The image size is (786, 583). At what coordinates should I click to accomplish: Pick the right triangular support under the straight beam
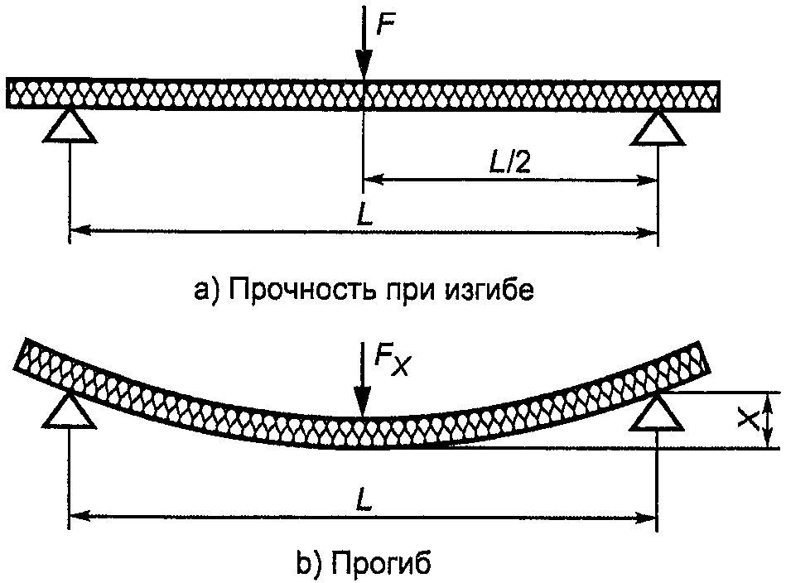tap(658, 125)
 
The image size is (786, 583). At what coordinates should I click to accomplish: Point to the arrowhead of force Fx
tap(360, 405)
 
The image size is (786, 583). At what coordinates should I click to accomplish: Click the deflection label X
tap(748, 420)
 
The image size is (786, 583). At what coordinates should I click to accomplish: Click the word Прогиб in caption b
tap(381, 563)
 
